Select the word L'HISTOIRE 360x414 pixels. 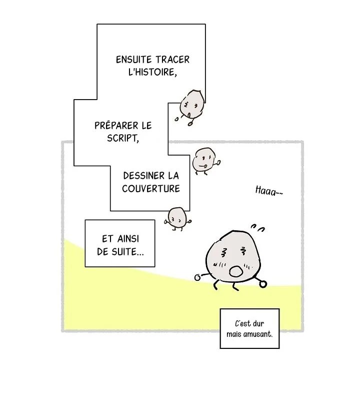(152, 72)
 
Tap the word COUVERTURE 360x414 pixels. (150, 189)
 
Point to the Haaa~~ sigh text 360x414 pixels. (268, 191)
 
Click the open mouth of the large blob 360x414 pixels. (235, 272)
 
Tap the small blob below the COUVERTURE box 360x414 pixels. (177, 217)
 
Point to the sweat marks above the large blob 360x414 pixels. (257, 229)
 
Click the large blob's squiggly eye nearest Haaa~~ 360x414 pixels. (243, 251)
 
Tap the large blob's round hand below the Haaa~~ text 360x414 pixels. (263, 284)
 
